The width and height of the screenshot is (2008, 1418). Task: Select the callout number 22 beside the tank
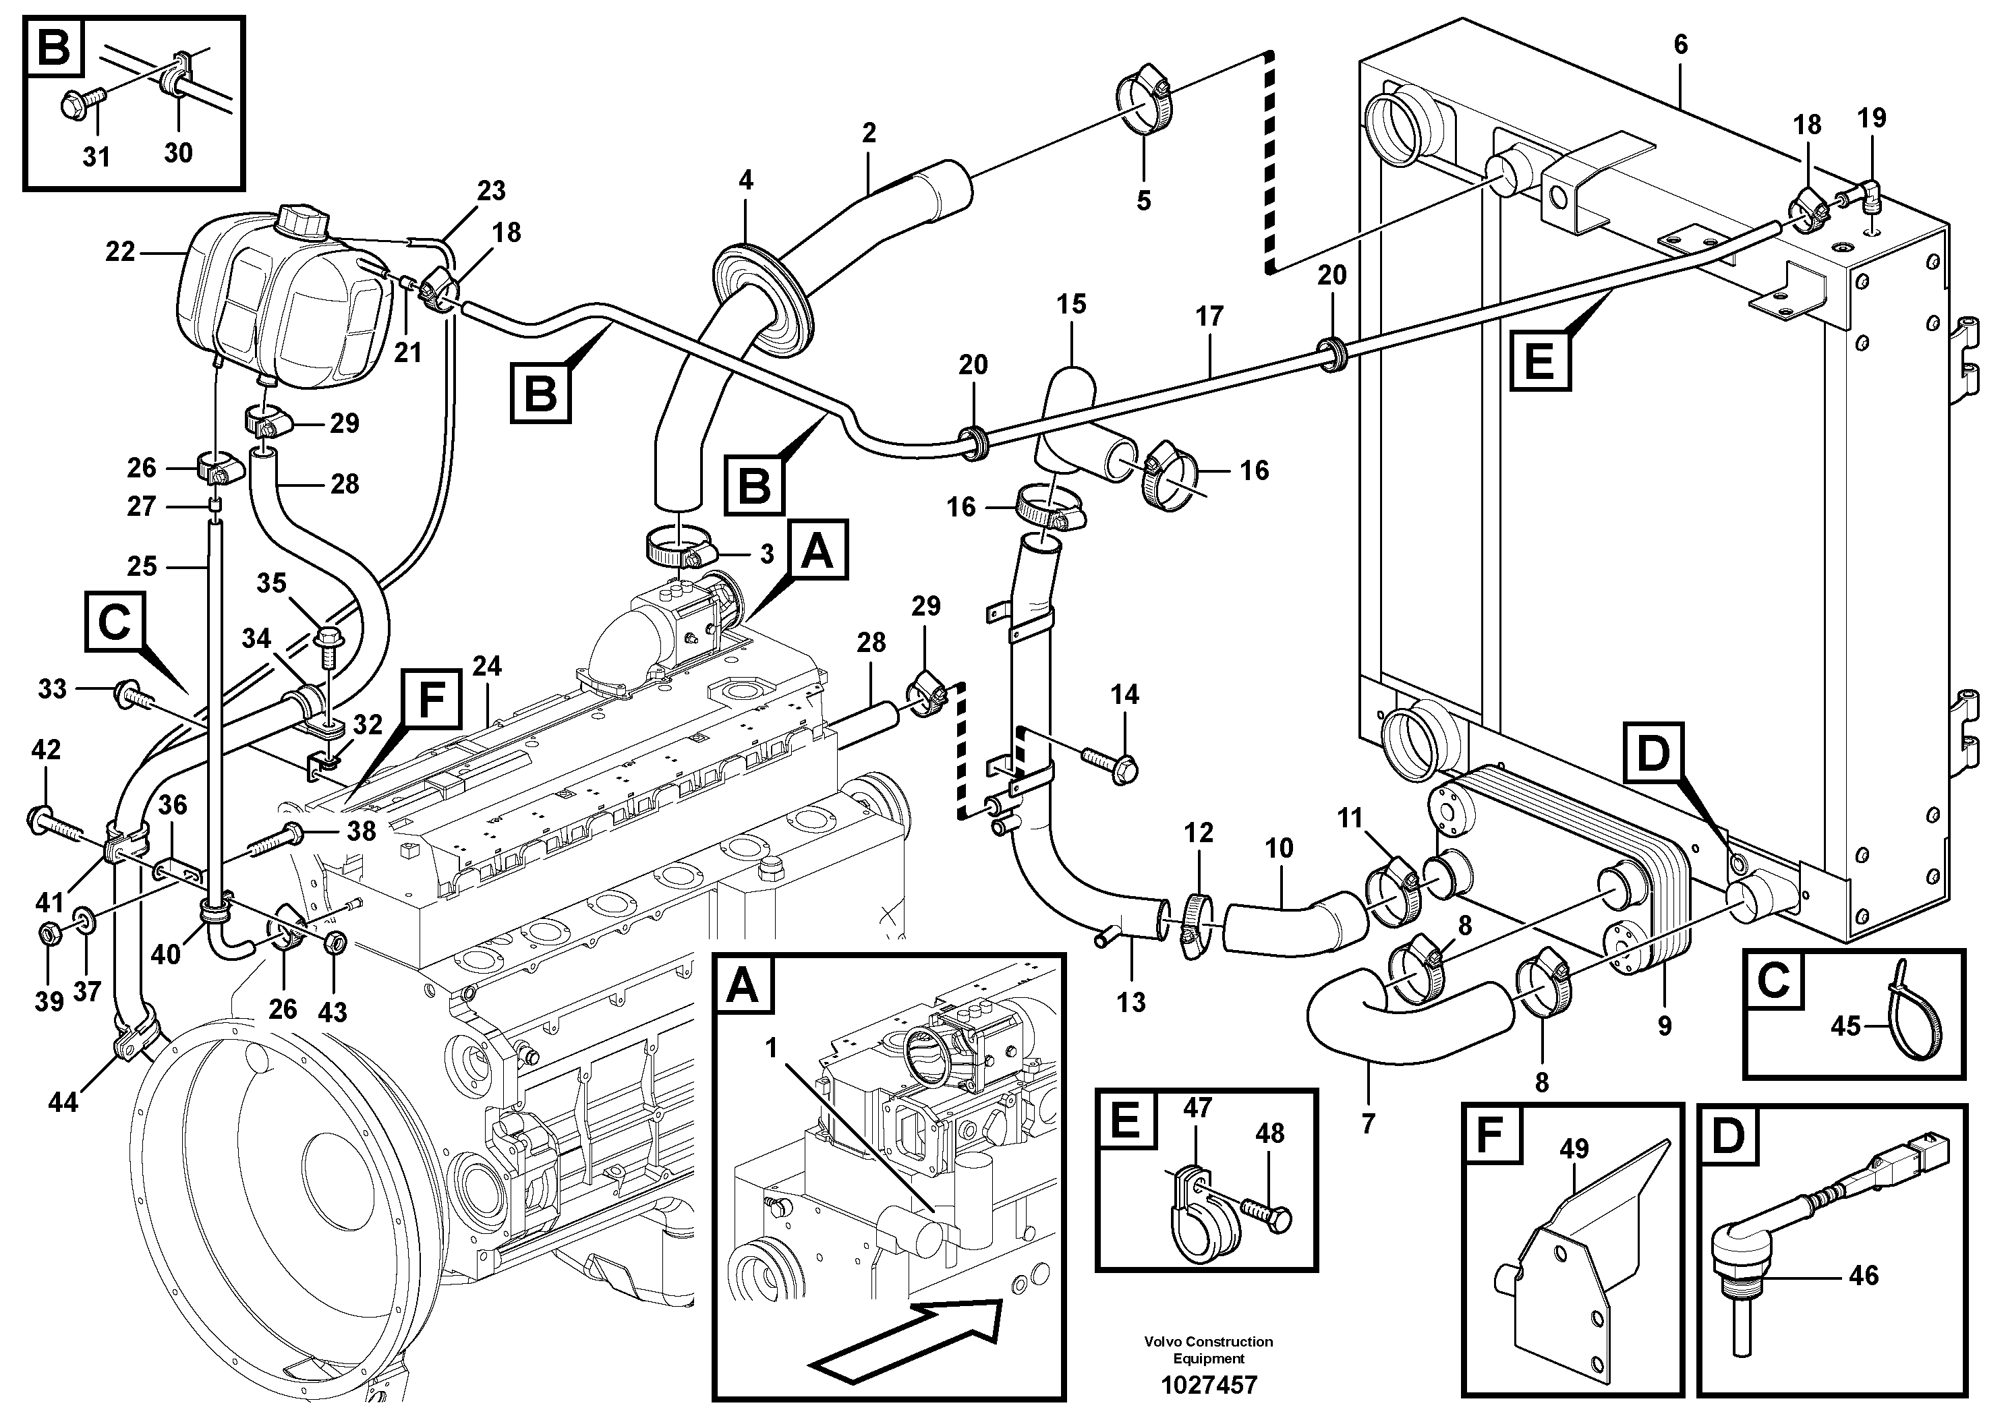point(120,252)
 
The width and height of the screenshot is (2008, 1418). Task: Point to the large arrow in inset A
point(905,1338)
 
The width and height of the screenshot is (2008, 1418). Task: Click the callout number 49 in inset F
point(1574,1149)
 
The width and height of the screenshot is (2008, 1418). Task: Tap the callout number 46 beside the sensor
point(1863,1276)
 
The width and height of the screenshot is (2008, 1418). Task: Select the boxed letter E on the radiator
point(1540,360)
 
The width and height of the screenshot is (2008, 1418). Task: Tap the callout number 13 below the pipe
point(1131,1002)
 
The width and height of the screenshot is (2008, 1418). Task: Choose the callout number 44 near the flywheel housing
point(63,1102)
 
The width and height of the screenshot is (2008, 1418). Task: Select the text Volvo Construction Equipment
point(1208,1349)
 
